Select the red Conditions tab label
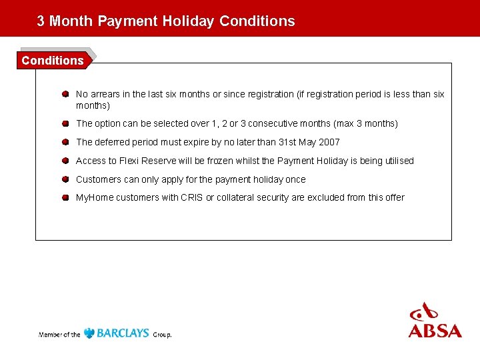coord(53,60)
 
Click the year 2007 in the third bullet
coord(329,142)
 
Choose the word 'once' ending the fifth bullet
coord(295,179)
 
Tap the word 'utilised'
coord(398,161)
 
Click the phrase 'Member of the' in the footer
coord(60,334)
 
